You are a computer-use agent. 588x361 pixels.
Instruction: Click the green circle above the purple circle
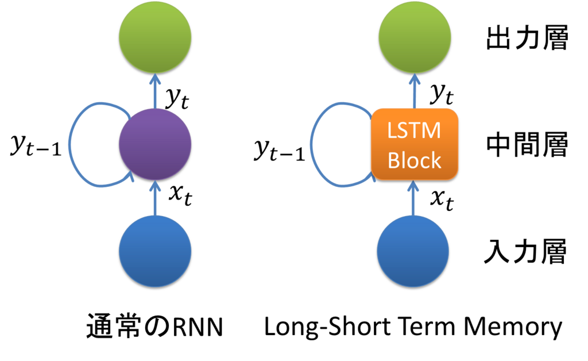[x=155, y=37]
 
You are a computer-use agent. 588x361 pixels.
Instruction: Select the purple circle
[x=155, y=143]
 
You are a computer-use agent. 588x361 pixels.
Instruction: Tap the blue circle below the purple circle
[x=155, y=251]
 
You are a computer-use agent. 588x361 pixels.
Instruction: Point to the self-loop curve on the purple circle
[x=70, y=144]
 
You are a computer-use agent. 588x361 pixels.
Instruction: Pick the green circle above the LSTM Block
[x=415, y=37]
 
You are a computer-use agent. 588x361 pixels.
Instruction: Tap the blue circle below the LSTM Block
[x=413, y=251]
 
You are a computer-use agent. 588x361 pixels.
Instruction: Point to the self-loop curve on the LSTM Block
[x=312, y=144]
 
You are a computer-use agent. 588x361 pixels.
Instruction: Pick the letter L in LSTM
[x=392, y=130]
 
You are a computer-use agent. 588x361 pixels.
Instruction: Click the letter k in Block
[x=436, y=160]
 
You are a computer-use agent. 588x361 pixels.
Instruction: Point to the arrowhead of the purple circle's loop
[x=132, y=178]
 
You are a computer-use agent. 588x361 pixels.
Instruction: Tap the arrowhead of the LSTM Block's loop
[x=373, y=177]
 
